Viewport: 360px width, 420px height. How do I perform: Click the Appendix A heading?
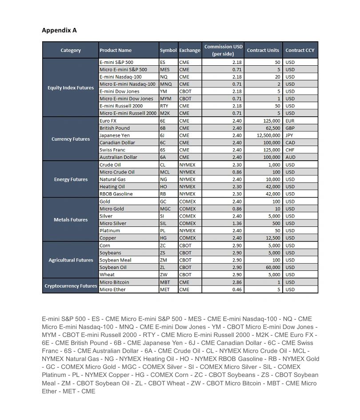click(59, 30)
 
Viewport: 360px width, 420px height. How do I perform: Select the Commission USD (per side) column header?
click(223, 50)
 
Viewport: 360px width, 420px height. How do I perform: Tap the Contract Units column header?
click(263, 50)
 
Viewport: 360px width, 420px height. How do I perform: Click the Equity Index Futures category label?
click(71, 87)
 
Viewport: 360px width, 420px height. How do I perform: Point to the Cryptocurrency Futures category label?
click(71, 286)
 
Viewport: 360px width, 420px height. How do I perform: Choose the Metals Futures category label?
click(71, 220)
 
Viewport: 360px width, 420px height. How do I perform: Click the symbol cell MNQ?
click(166, 84)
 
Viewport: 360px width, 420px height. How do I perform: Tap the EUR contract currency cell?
click(290, 121)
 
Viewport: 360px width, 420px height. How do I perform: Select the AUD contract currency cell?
click(290, 157)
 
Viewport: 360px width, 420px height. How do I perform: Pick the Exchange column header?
click(190, 50)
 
